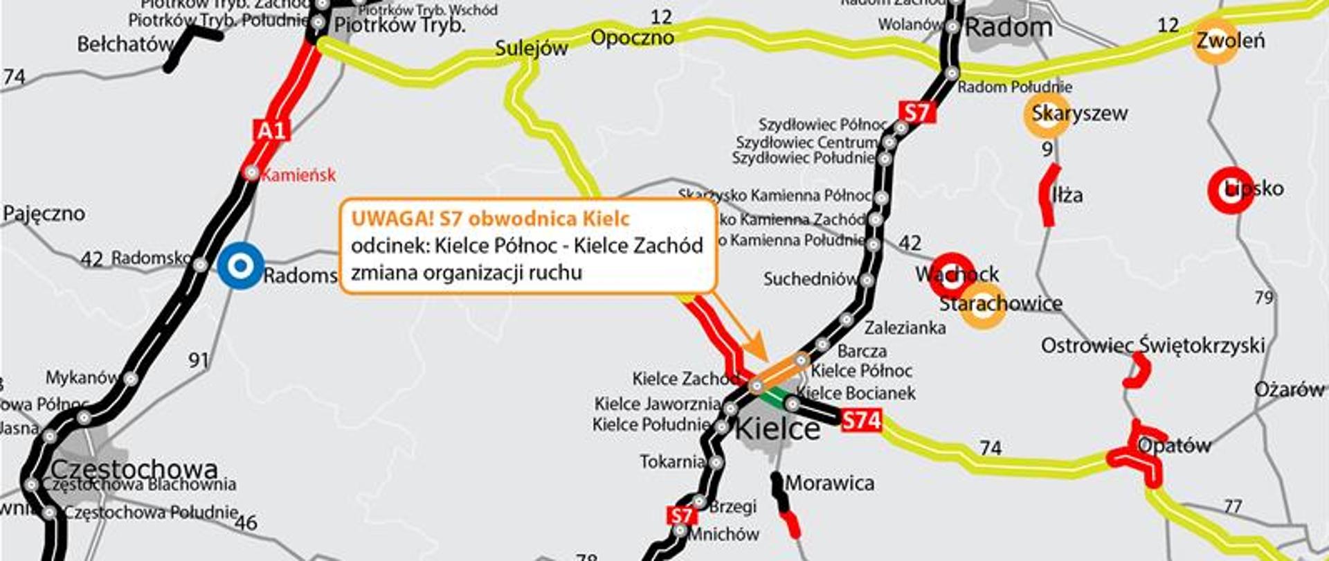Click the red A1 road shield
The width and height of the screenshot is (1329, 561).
click(x=271, y=130)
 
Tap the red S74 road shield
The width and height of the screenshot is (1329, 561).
click(x=862, y=420)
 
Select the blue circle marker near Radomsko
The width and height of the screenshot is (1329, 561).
click(x=240, y=265)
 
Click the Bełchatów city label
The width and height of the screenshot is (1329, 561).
click(x=125, y=45)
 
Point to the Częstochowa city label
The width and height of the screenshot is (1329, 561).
click(x=134, y=469)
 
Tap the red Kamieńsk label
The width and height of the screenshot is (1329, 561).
click(x=298, y=175)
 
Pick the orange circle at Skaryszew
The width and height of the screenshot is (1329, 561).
click(x=1047, y=115)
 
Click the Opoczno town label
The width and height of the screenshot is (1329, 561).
click(x=632, y=37)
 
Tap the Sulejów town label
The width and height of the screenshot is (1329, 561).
click(x=531, y=48)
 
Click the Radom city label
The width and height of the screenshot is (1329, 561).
click(x=1009, y=28)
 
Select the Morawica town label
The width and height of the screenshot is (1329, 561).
click(x=829, y=483)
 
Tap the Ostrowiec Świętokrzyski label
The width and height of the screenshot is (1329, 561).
click(x=1152, y=345)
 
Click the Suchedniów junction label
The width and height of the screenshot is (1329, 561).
click(x=810, y=279)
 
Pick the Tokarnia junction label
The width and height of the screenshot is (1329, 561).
click(x=671, y=461)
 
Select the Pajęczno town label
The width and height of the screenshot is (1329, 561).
click(x=44, y=213)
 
